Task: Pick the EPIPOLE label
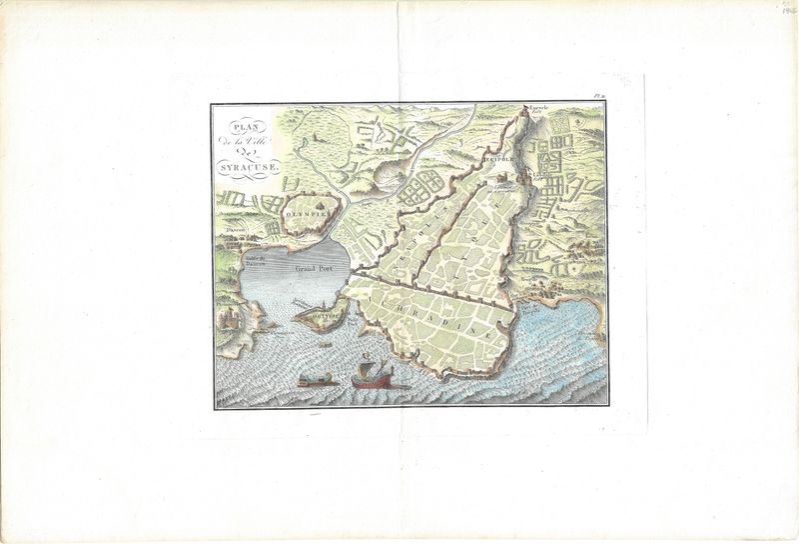pyautogui.click(x=497, y=159)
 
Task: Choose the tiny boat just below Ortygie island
pyautogui.click(x=327, y=344)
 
